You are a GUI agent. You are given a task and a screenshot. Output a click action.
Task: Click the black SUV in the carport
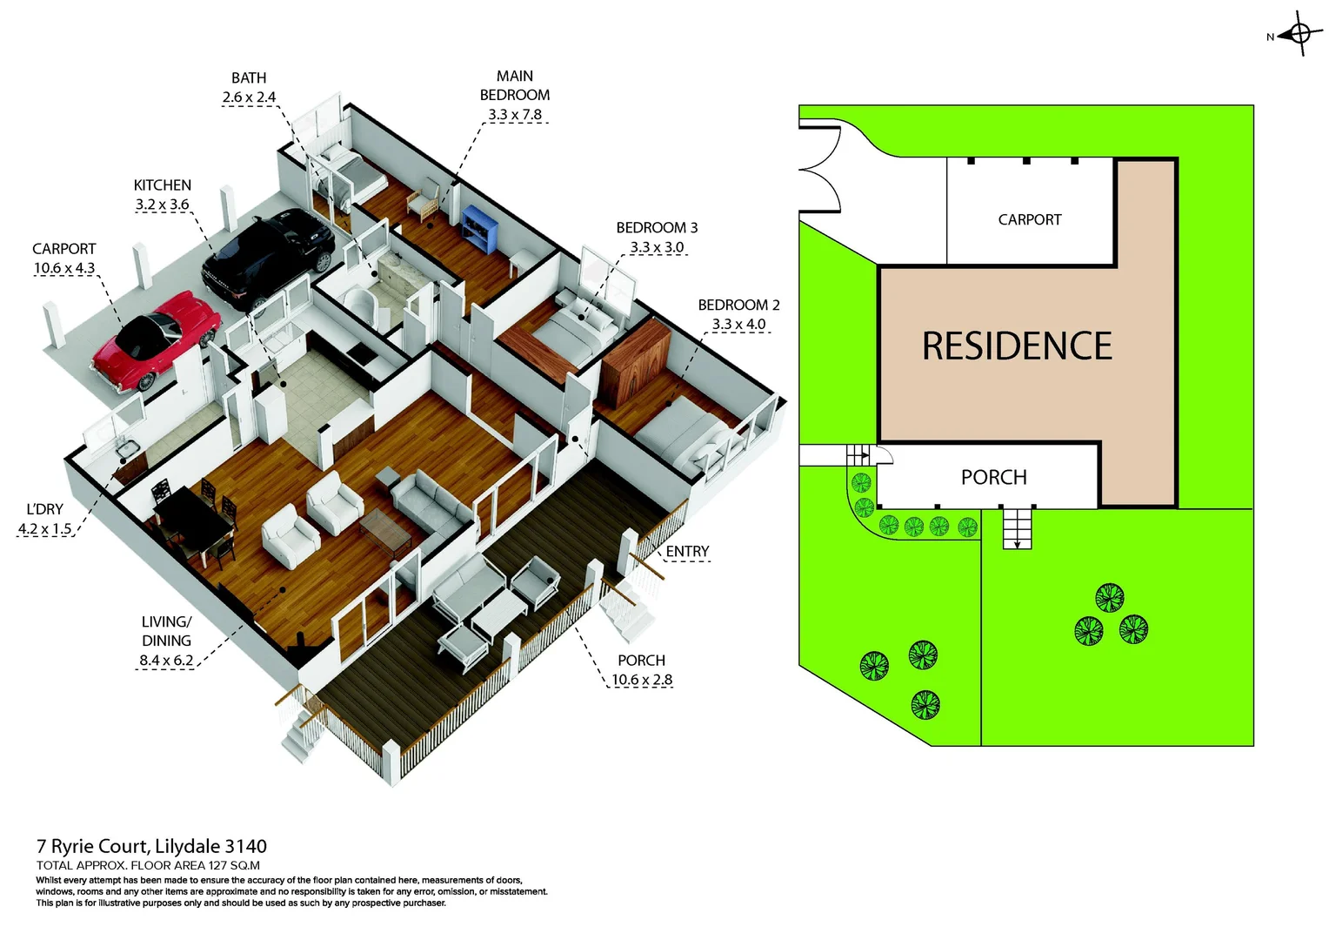tap(267, 257)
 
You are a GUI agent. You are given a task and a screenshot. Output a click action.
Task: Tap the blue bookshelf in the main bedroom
tap(480, 228)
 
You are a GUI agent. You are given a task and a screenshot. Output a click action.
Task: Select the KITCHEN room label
tap(162, 185)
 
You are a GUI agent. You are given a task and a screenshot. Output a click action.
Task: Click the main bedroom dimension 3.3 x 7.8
tap(515, 115)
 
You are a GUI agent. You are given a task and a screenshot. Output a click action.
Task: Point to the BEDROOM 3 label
tap(657, 228)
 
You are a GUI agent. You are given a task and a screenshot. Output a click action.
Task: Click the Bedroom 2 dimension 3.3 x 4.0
tap(738, 325)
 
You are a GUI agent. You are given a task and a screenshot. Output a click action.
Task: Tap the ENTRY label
tap(687, 552)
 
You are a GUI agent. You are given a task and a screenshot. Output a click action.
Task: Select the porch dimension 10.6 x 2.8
tap(642, 680)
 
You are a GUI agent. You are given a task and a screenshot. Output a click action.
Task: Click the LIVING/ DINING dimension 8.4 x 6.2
tap(166, 661)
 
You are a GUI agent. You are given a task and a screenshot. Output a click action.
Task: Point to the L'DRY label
tap(44, 509)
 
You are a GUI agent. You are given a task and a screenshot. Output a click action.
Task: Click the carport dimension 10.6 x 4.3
tap(64, 268)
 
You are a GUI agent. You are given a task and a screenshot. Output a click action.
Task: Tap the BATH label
tap(249, 78)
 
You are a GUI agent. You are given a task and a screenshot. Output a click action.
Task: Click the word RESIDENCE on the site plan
tap(1017, 346)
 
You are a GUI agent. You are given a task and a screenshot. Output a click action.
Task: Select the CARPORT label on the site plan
tap(1030, 220)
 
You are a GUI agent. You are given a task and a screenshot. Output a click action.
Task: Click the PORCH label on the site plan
tap(993, 477)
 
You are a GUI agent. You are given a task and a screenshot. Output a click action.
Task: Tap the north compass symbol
tap(1299, 35)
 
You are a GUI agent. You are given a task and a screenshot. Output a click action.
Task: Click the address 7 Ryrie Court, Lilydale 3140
tap(151, 846)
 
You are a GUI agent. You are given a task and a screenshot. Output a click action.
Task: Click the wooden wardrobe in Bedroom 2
tap(636, 362)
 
